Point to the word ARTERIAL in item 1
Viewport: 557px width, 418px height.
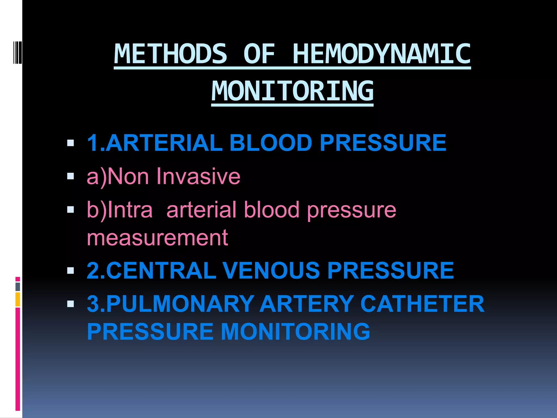tap(164, 143)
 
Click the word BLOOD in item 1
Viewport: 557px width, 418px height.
tap(271, 143)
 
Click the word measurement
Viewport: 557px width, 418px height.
tap(157, 238)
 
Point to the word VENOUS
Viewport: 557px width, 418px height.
tap(271, 271)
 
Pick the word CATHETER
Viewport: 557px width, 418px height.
tap(422, 304)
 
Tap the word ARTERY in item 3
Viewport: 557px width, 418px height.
tap(307, 304)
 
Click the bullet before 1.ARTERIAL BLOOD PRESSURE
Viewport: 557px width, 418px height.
tap(70, 143)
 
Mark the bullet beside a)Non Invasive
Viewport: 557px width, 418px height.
tap(70, 177)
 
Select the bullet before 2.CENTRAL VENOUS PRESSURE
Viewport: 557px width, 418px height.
tap(70, 271)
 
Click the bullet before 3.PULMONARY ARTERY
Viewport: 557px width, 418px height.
tap(70, 304)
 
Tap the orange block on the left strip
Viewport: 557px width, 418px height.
tap(18, 299)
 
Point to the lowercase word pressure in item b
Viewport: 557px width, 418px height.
tap(351, 210)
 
